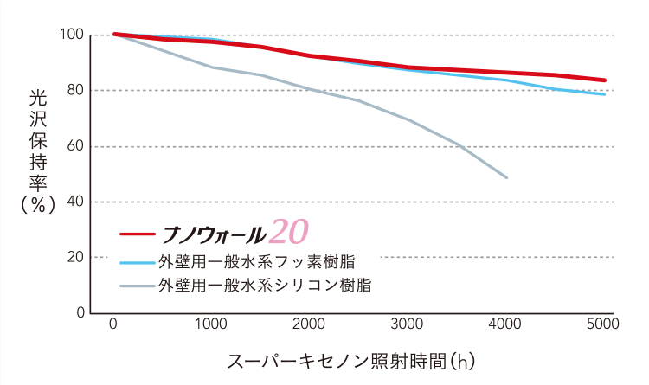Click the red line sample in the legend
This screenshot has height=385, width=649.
tap(135, 234)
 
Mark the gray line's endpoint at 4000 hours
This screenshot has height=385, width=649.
tap(506, 177)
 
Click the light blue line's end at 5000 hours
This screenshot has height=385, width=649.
tap(604, 93)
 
